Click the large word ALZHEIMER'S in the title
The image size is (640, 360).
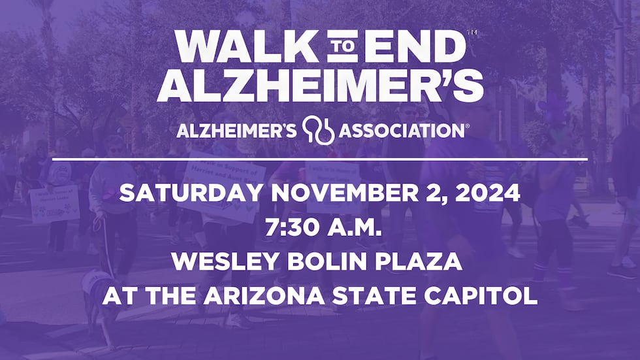pyautogui.click(x=321, y=84)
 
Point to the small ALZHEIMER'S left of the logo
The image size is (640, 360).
pyautogui.click(x=237, y=131)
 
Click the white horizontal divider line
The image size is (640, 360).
pyautogui.click(x=320, y=159)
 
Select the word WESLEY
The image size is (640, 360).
pyautogui.click(x=217, y=263)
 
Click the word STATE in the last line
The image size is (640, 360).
pyautogui.click(x=400, y=297)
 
